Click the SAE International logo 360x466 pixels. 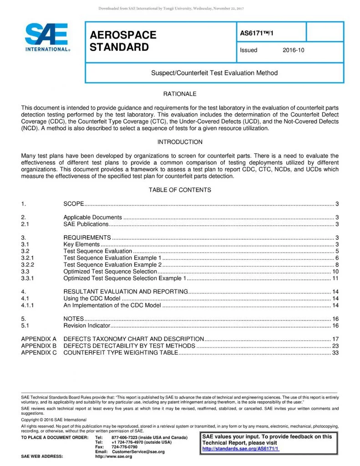pyautogui.click(x=47, y=38)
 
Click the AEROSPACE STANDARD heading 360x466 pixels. pyautogui.click(x=123, y=41)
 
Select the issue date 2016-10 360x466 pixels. pyautogui.click(x=293, y=50)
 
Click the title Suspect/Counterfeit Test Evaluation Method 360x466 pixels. pyautogui.click(x=214, y=73)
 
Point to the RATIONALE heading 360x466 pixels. pyautogui.click(x=180, y=94)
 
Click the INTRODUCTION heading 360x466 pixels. pyautogui.click(x=180, y=142)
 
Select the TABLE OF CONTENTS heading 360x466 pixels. pyautogui.click(x=180, y=190)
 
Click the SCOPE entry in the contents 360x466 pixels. pyautogui.click(x=74, y=203)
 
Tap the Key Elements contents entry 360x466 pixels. pyautogui.click(x=81, y=244)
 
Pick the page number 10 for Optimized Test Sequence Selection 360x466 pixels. pyautogui.click(x=335, y=271)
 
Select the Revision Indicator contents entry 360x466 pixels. pyautogui.click(x=86, y=325)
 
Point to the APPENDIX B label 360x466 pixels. pyautogui.click(x=39, y=346)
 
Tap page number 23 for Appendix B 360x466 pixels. pyautogui.click(x=335, y=346)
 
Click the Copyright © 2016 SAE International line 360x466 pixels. pyautogui.click(x=51, y=419)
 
